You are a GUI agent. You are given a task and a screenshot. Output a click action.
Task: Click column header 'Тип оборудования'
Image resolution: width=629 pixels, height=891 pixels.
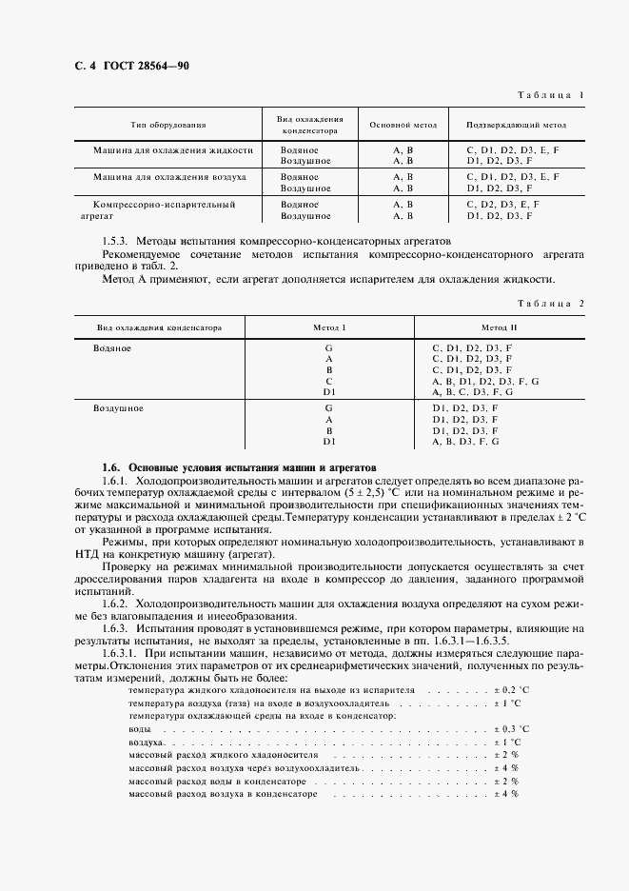pyautogui.click(x=168, y=125)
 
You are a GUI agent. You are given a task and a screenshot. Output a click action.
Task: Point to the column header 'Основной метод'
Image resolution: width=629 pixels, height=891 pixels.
pyautogui.click(x=403, y=125)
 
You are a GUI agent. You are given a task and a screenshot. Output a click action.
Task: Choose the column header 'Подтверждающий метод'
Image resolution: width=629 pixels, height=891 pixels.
pyautogui.click(x=516, y=125)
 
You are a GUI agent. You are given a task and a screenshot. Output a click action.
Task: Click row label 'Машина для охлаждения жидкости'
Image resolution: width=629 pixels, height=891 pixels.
pyautogui.click(x=172, y=150)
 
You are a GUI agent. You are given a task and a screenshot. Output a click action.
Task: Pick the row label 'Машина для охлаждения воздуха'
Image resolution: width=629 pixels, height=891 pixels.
pyautogui.click(x=169, y=177)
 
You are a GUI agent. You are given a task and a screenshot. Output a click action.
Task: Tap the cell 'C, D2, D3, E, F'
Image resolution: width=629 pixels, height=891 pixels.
pyautogui.click(x=502, y=204)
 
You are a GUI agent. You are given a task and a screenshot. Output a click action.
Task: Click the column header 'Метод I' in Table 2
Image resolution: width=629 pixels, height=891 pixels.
pyautogui.click(x=329, y=327)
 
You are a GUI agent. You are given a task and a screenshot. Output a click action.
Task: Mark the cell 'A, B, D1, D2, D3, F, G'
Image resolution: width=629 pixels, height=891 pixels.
pyautogui.click(x=485, y=381)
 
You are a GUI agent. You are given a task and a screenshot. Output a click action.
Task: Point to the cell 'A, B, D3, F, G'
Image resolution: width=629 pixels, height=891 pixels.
pyautogui.click(x=465, y=442)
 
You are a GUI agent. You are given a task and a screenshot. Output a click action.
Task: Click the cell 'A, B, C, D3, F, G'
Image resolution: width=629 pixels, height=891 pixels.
pyautogui.click(x=472, y=391)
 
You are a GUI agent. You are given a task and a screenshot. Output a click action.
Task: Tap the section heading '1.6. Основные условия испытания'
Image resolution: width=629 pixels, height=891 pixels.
pyautogui.click(x=239, y=468)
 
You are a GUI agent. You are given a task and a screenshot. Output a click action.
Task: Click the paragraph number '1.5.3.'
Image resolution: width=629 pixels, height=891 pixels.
pyautogui.click(x=119, y=243)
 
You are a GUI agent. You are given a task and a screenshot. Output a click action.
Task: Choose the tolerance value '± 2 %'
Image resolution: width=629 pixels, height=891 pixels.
pyautogui.click(x=503, y=753)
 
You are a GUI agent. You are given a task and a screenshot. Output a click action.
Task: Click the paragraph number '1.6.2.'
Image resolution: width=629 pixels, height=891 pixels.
pyautogui.click(x=118, y=604)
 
